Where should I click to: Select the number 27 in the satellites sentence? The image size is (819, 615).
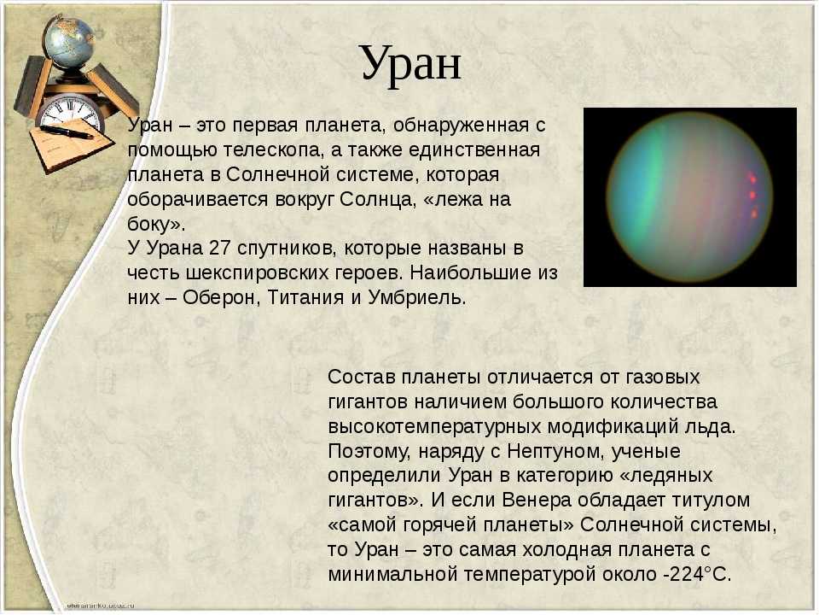click(x=219, y=248)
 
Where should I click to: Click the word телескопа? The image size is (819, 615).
click(x=269, y=151)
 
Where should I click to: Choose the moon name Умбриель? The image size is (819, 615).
click(x=416, y=297)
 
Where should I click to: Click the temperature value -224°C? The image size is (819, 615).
click(x=697, y=574)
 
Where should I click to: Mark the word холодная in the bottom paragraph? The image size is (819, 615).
click(x=567, y=549)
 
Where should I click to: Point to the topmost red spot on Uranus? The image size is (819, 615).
click(x=752, y=178)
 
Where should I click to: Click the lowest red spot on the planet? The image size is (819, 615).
click(x=753, y=213)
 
